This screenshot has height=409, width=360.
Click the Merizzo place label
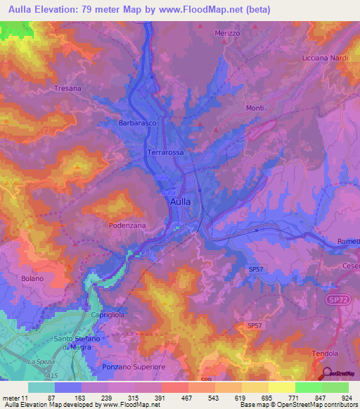(x=228, y=33)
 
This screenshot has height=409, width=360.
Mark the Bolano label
(x=32, y=278)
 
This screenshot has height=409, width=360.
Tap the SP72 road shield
(x=337, y=299)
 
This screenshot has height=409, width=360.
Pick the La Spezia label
(x=41, y=361)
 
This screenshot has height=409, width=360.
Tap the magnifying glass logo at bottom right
(x=326, y=372)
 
